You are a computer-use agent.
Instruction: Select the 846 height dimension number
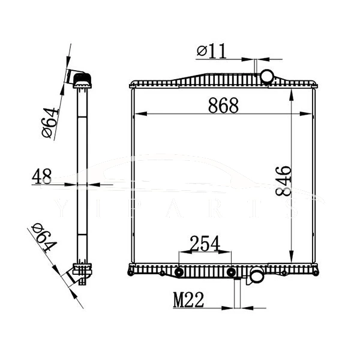pyautogui.click(x=283, y=182)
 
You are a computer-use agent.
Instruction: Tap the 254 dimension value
pyautogui.click(x=205, y=244)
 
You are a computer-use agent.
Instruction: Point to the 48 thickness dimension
pyautogui.click(x=41, y=176)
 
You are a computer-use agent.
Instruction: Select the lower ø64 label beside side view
pyautogui.click(x=44, y=237)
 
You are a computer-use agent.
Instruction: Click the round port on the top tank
pyautogui.click(x=266, y=76)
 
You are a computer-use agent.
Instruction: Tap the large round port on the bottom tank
pyautogui.click(x=257, y=276)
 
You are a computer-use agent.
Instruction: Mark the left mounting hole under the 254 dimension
pyautogui.click(x=178, y=274)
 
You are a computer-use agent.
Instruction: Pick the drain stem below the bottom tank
pyautogui.click(x=238, y=293)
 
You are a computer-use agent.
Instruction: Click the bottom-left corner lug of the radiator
pyautogui.click(x=131, y=273)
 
